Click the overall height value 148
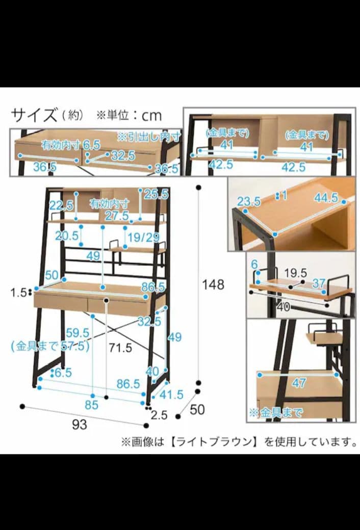[213, 284]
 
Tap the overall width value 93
[79, 424]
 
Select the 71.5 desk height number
[120, 348]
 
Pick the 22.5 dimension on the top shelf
[61, 205]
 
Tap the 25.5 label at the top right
[156, 194]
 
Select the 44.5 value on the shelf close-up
[326, 198]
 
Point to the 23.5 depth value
[248, 202]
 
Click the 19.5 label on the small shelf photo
[295, 273]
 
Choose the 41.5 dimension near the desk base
[171, 394]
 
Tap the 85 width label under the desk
[91, 405]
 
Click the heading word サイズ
[34, 116]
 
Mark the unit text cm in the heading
[151, 116]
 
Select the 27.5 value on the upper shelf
[117, 215]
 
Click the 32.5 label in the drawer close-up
[123, 156]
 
